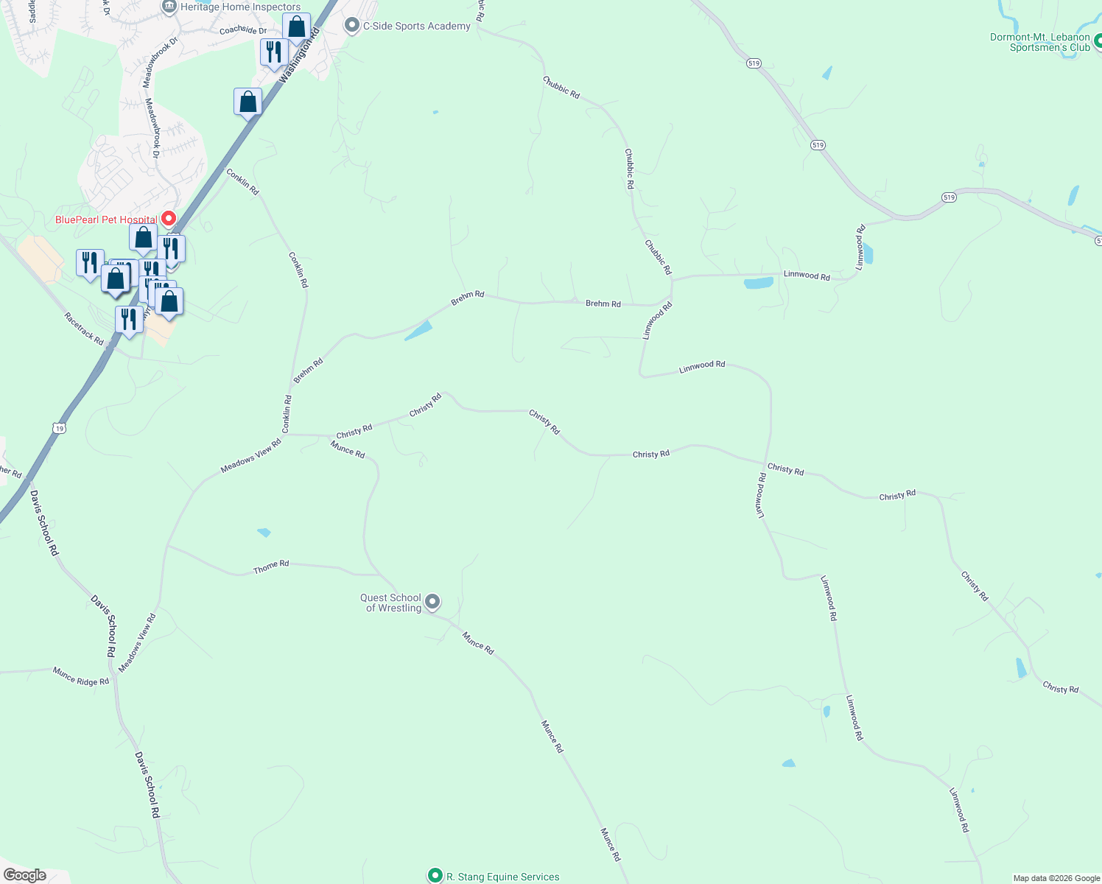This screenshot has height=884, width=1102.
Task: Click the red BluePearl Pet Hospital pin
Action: coord(168,218)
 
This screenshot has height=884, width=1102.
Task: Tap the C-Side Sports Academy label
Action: coord(416,26)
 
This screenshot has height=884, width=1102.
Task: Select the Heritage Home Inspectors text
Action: coord(240,7)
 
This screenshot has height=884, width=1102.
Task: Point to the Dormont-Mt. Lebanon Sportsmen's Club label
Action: coord(1039,42)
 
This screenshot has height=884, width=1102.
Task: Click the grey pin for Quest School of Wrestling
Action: coord(433,602)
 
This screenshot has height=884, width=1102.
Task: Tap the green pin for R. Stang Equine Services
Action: coord(435,875)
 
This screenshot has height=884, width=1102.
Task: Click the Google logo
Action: coord(24,875)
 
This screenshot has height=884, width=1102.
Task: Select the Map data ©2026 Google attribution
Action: coord(1056,878)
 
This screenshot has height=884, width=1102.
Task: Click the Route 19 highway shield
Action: coord(60,428)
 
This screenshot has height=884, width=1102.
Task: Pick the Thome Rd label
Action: coord(271,566)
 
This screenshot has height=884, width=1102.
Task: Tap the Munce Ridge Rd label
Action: coord(81,676)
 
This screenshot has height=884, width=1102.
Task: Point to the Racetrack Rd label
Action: coord(84,329)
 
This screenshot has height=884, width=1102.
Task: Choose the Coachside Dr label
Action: coord(243,31)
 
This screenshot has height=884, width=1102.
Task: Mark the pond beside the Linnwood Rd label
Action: coord(758,283)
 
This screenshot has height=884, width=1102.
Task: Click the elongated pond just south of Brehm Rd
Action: coord(418,331)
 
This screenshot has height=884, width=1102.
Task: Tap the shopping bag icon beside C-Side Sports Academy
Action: coord(296,27)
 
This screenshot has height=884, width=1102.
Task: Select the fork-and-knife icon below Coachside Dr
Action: coord(274,52)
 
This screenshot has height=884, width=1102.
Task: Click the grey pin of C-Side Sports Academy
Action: coord(352,26)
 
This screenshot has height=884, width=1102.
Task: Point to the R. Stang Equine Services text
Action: coord(502,877)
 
